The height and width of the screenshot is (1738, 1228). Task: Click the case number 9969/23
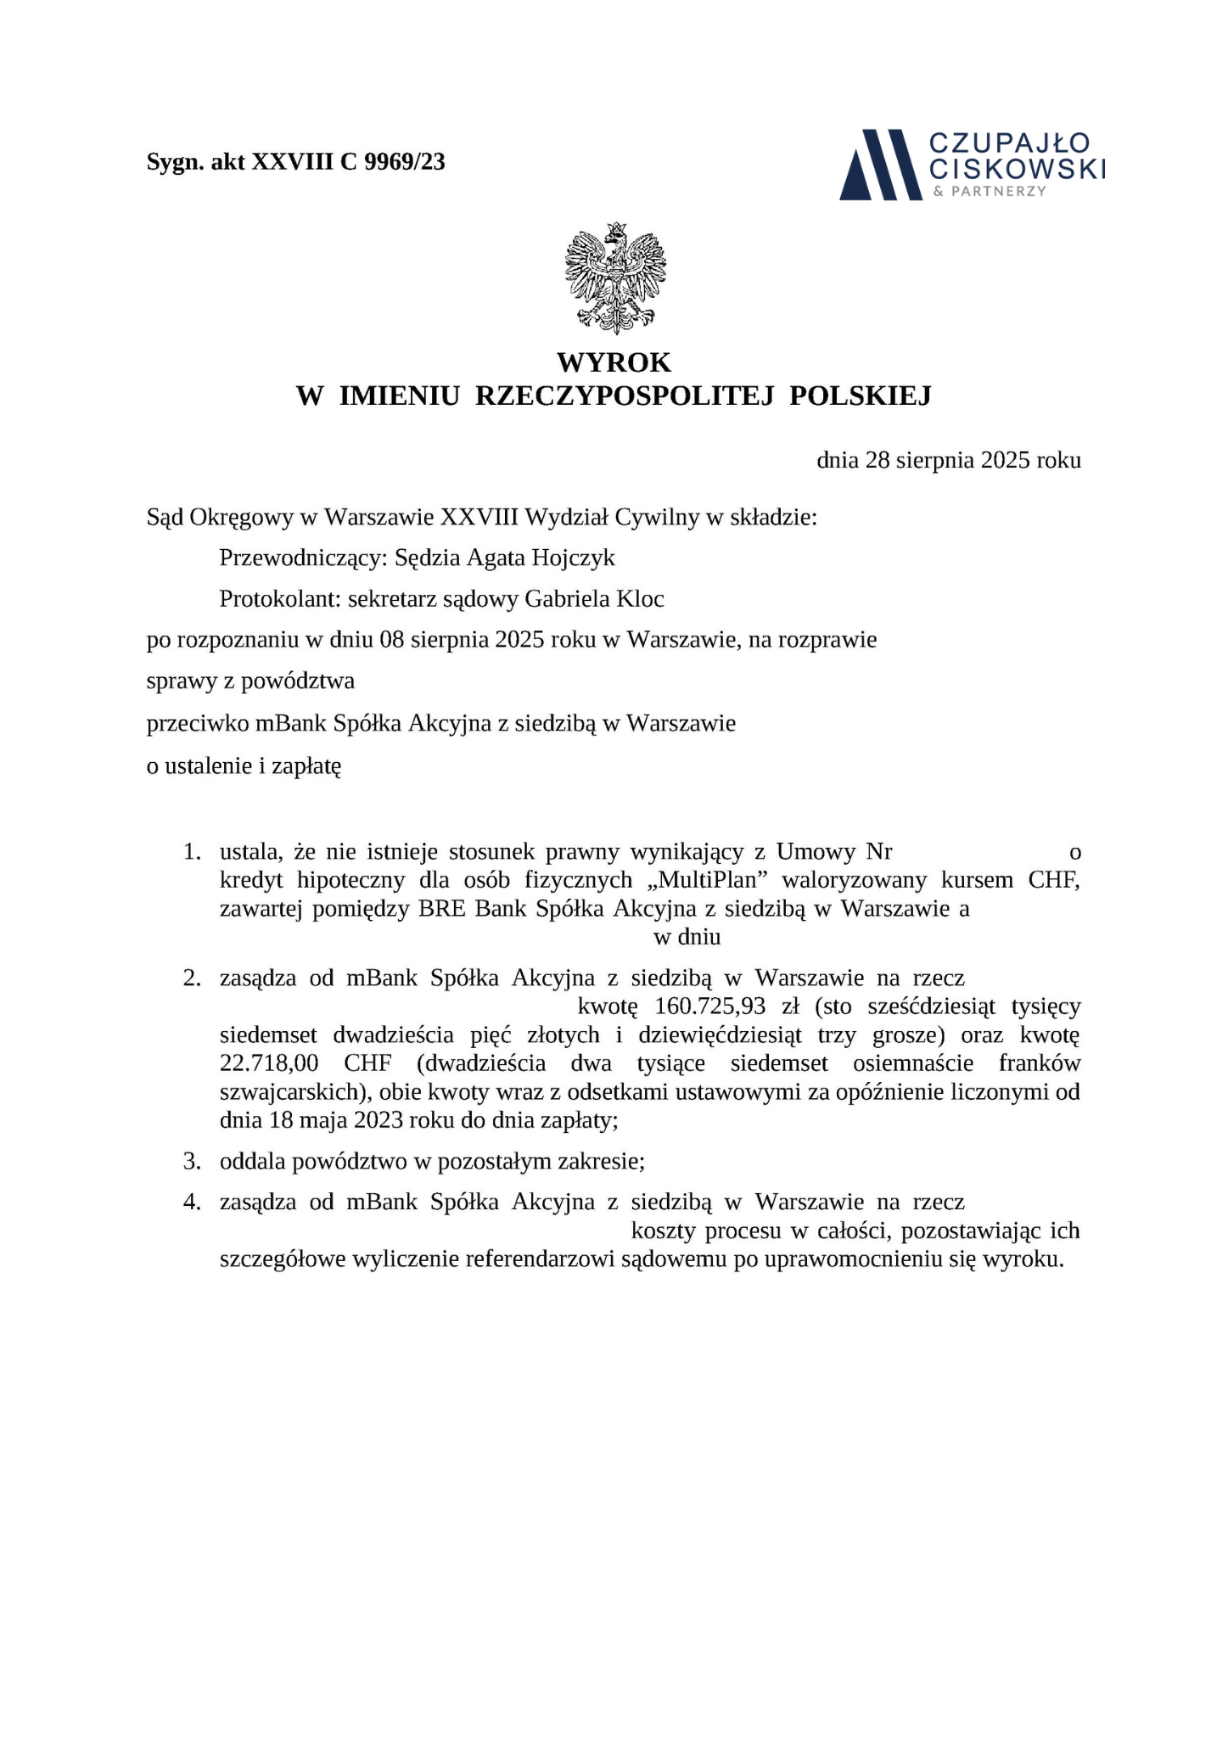(404, 162)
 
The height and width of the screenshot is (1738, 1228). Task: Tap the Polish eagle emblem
(615, 277)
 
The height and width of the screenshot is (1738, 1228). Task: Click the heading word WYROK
(614, 362)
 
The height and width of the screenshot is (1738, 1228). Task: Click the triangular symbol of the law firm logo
(880, 165)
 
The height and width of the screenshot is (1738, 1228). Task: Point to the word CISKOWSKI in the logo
(1018, 168)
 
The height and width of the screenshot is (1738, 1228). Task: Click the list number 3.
(192, 1161)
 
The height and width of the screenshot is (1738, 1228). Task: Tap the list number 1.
(192, 851)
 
